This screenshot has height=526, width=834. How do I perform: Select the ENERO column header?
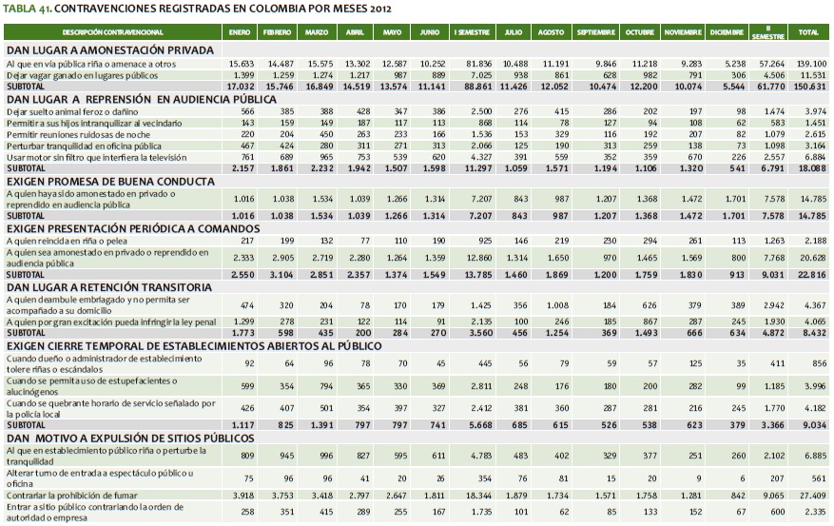coord(240,32)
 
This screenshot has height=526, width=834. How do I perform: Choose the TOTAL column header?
coord(810,32)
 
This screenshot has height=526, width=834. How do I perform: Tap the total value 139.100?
coord(810,63)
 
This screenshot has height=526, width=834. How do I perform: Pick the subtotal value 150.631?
coord(810,86)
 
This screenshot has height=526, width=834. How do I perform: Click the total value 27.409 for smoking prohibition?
coord(810,496)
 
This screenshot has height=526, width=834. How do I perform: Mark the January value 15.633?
coord(240,63)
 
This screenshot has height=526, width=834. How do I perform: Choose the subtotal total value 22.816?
coord(810,275)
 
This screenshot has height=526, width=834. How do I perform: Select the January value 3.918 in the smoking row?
coord(240,496)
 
